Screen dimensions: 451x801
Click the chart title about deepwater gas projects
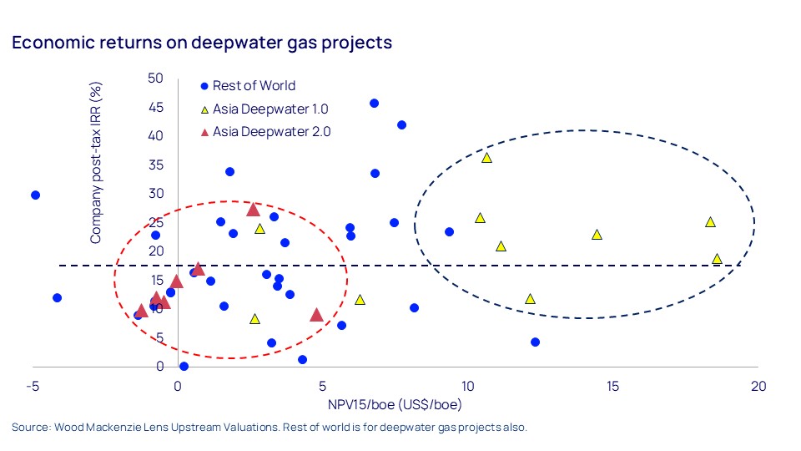coord(202,43)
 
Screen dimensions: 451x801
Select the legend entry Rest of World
coord(254,85)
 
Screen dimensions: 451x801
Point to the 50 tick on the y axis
coord(155,79)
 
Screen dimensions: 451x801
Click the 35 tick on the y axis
coord(155,165)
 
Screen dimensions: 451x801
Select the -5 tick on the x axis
coord(33,387)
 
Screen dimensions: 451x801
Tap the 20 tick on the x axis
coord(758,387)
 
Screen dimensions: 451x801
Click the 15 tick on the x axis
coord(613,387)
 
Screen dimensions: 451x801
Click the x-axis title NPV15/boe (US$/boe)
coord(395,405)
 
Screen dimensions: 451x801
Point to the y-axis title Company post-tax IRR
coord(96,163)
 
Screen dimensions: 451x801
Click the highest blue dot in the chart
coord(374,104)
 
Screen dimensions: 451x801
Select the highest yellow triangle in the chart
coord(486,157)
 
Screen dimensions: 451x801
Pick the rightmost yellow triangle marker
coord(717,259)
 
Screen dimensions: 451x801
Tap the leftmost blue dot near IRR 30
coord(35,195)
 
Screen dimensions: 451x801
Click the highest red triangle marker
coord(254,209)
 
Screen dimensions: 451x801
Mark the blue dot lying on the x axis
coord(184,366)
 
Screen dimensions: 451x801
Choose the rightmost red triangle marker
coord(316,315)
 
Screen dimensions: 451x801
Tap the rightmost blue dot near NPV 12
coord(535,342)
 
